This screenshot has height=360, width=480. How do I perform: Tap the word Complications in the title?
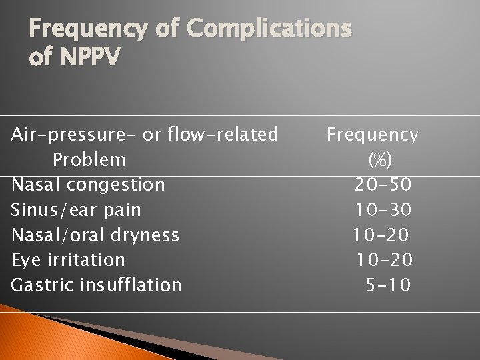click(x=269, y=29)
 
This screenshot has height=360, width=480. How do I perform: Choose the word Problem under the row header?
click(x=89, y=160)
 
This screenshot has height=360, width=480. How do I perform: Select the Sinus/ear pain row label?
click(x=76, y=210)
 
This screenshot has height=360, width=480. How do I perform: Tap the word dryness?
click(x=146, y=235)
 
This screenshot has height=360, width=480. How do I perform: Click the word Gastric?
click(x=42, y=285)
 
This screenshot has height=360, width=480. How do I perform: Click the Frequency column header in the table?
click(x=372, y=135)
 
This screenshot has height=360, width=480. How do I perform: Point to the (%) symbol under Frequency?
click(x=380, y=160)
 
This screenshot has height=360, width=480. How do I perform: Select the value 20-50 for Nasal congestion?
click(x=383, y=185)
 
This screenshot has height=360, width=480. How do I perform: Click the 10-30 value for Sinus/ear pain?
click(x=383, y=210)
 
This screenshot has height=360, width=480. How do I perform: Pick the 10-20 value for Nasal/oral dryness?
click(x=381, y=235)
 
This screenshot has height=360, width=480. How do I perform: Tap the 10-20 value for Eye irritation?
click(x=383, y=259)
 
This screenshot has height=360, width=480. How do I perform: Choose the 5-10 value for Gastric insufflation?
click(x=388, y=285)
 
